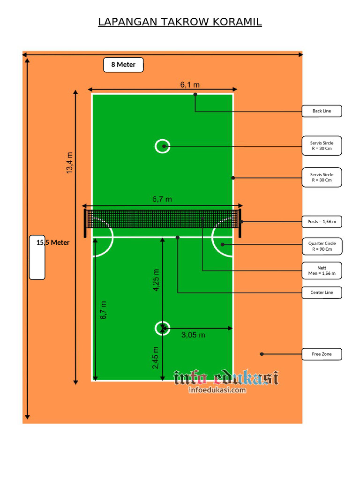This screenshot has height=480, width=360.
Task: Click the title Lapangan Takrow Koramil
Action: (x=180, y=22)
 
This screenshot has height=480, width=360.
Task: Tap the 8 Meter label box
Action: (x=123, y=65)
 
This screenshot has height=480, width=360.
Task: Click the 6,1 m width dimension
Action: (x=190, y=85)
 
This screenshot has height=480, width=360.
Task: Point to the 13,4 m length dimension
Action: (x=69, y=163)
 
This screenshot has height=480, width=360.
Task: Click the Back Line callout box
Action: (x=322, y=111)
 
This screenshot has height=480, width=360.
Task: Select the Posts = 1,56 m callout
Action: (x=322, y=221)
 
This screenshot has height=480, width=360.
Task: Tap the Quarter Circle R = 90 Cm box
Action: (x=322, y=247)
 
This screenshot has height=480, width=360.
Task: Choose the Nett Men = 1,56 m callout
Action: (x=322, y=270)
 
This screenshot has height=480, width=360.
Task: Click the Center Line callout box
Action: (x=322, y=292)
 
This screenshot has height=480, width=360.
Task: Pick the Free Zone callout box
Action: (x=322, y=354)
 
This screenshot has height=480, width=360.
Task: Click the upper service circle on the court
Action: (x=163, y=146)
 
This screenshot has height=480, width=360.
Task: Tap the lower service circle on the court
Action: (x=163, y=328)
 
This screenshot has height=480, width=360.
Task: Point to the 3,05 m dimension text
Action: (x=193, y=335)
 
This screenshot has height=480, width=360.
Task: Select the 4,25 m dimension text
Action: (x=156, y=280)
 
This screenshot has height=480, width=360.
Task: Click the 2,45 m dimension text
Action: (x=156, y=358)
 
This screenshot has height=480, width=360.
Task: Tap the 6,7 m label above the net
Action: (x=162, y=199)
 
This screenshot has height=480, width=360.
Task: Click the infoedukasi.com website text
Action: (x=217, y=390)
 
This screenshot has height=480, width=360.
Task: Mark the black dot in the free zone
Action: (x=262, y=354)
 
